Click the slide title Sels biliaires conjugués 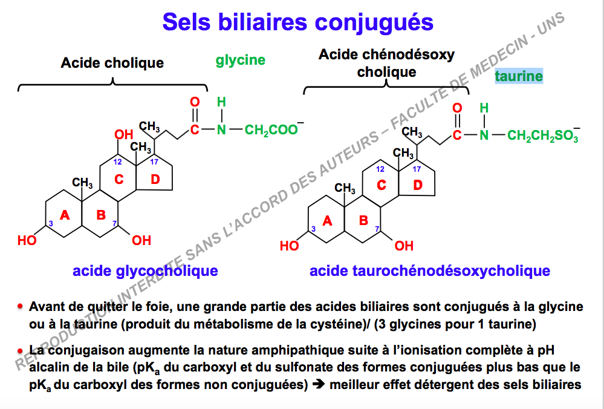coord(297,23)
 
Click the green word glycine coord(241,60)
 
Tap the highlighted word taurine coord(519,76)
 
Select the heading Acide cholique coord(112,62)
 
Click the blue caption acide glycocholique coord(145,270)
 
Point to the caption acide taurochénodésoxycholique coord(430,270)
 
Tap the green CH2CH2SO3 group coord(544,135)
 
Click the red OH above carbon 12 coord(124,134)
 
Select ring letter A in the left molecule coord(65,215)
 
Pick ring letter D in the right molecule coord(418,185)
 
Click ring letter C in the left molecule coord(119,179)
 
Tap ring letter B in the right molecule coord(363,220)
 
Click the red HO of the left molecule coord(27,241)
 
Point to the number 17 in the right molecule coord(417,169)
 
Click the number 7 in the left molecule coord(114,224)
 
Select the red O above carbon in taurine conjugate coord(457,108)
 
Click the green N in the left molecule coord(221,129)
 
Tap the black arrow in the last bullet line coord(319,385)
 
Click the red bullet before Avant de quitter coord(20,307)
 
